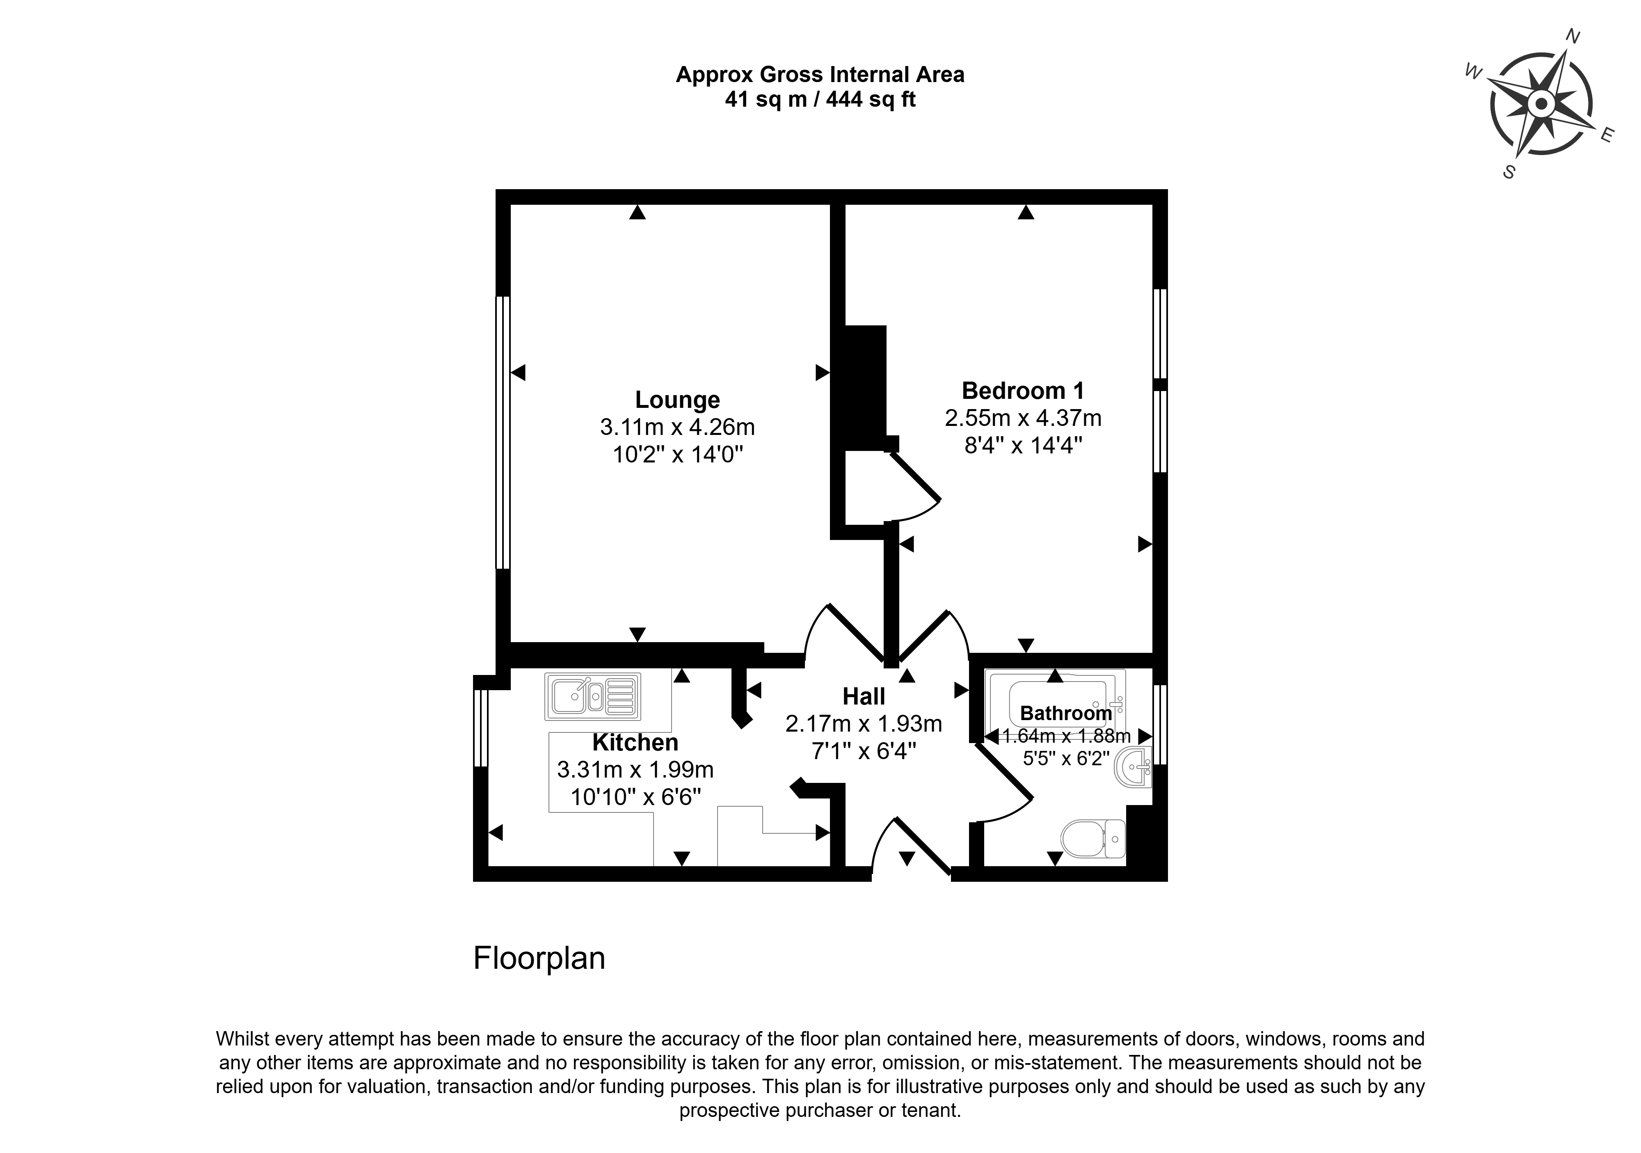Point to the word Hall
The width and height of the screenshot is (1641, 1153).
pos(864,696)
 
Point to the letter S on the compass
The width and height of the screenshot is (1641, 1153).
pos(1509,172)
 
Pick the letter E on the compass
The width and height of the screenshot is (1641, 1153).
pos(1607,135)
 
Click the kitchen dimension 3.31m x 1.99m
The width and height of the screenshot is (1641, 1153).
pos(635,770)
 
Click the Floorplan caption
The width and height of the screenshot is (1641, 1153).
pos(539,959)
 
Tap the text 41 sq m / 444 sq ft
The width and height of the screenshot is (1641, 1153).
pos(820,99)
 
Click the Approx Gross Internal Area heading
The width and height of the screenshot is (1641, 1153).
pos(820,74)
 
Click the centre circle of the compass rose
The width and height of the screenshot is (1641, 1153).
pos(1542,104)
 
